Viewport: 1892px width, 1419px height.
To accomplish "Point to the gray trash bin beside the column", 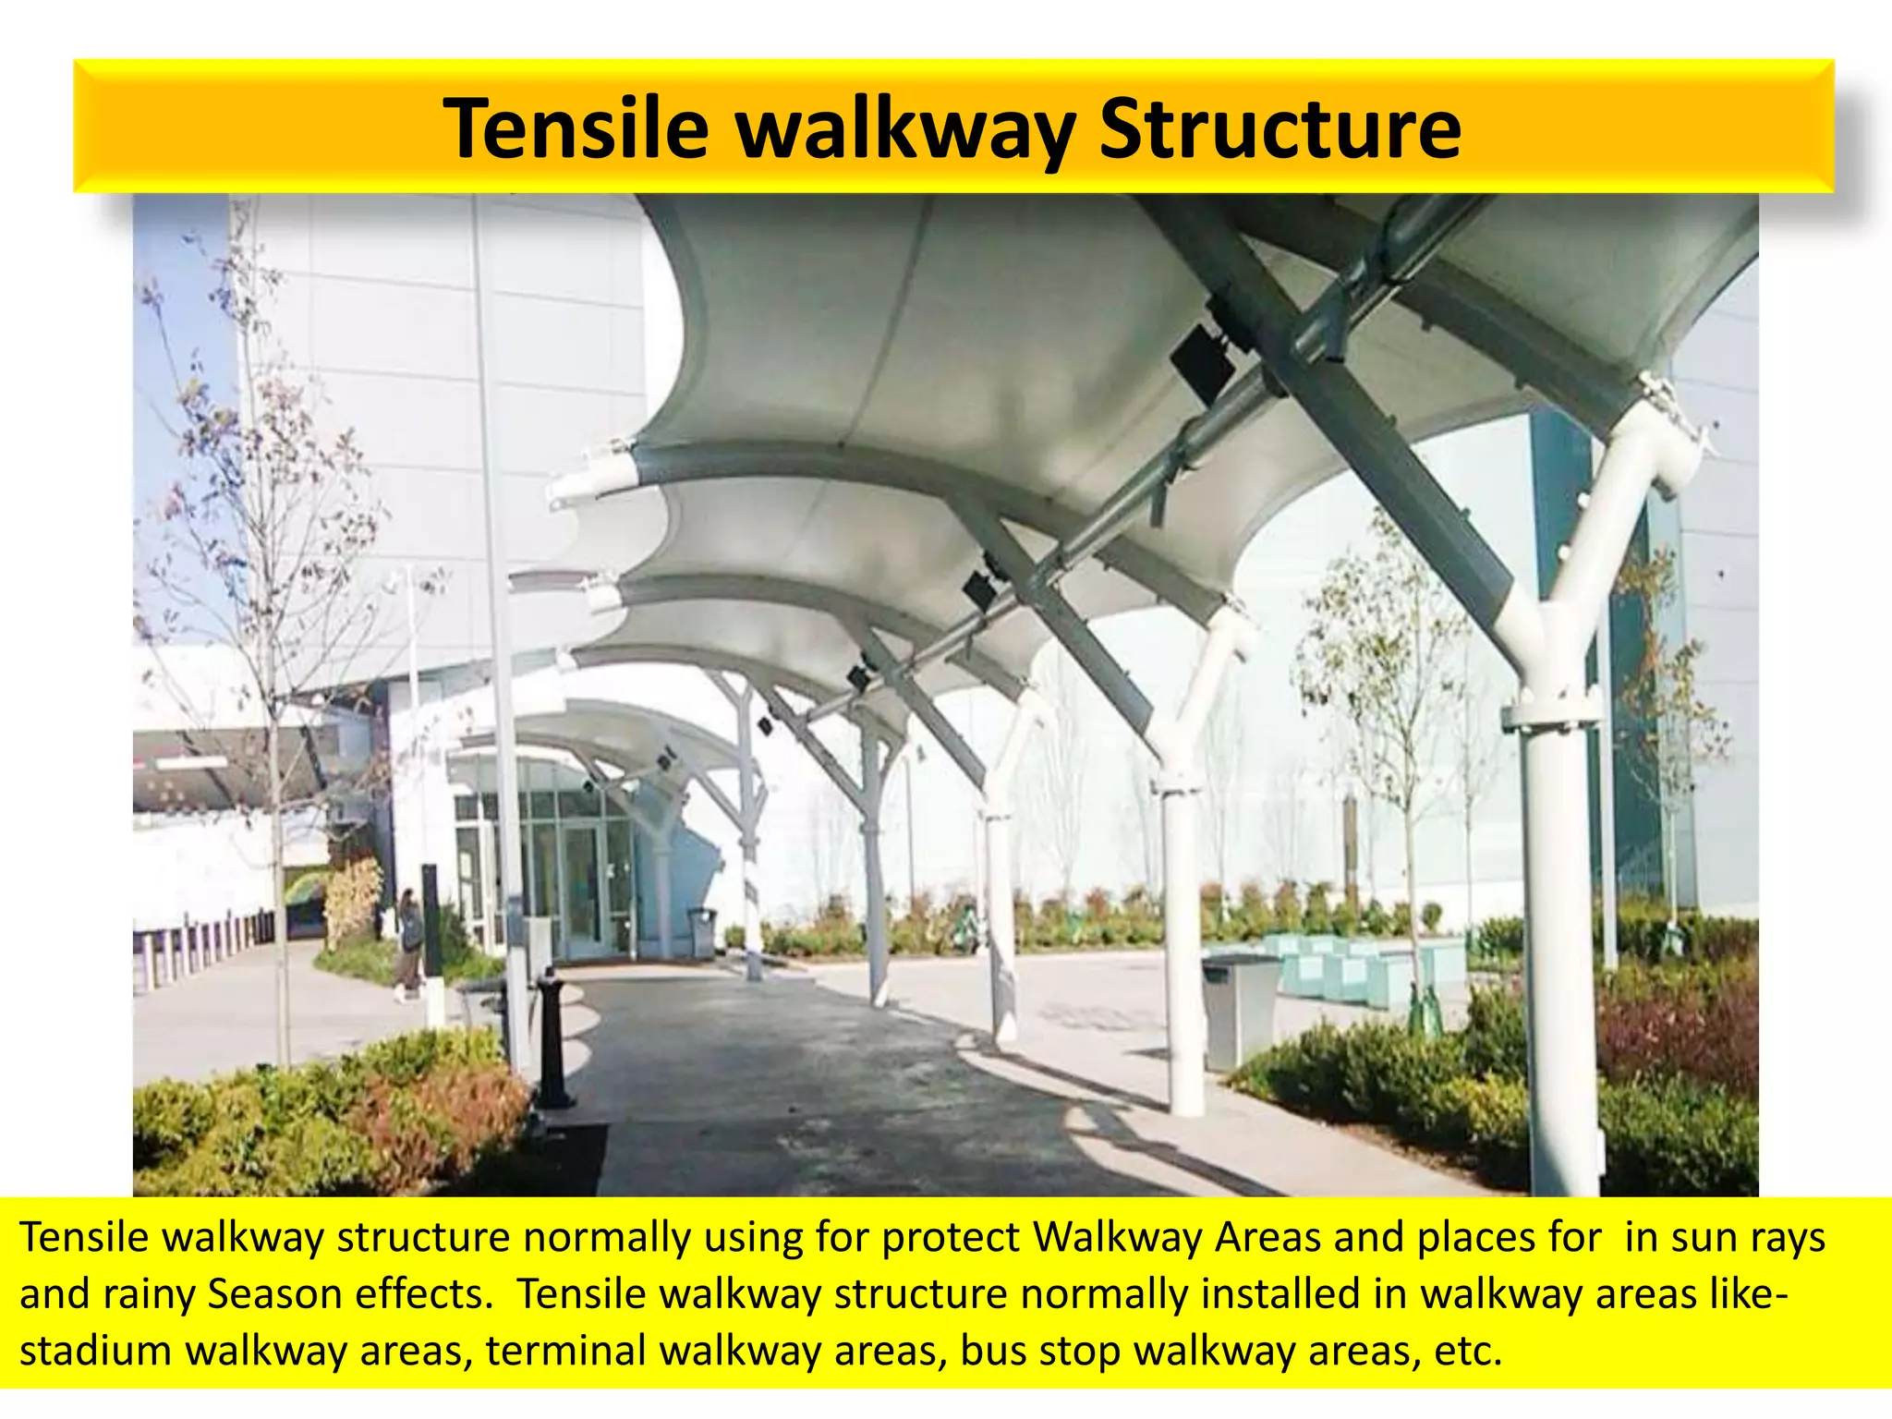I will tap(1238, 1012).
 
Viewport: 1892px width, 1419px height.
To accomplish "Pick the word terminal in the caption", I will tap(565, 1351).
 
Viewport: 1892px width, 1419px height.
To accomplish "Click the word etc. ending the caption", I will tap(1468, 1351).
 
